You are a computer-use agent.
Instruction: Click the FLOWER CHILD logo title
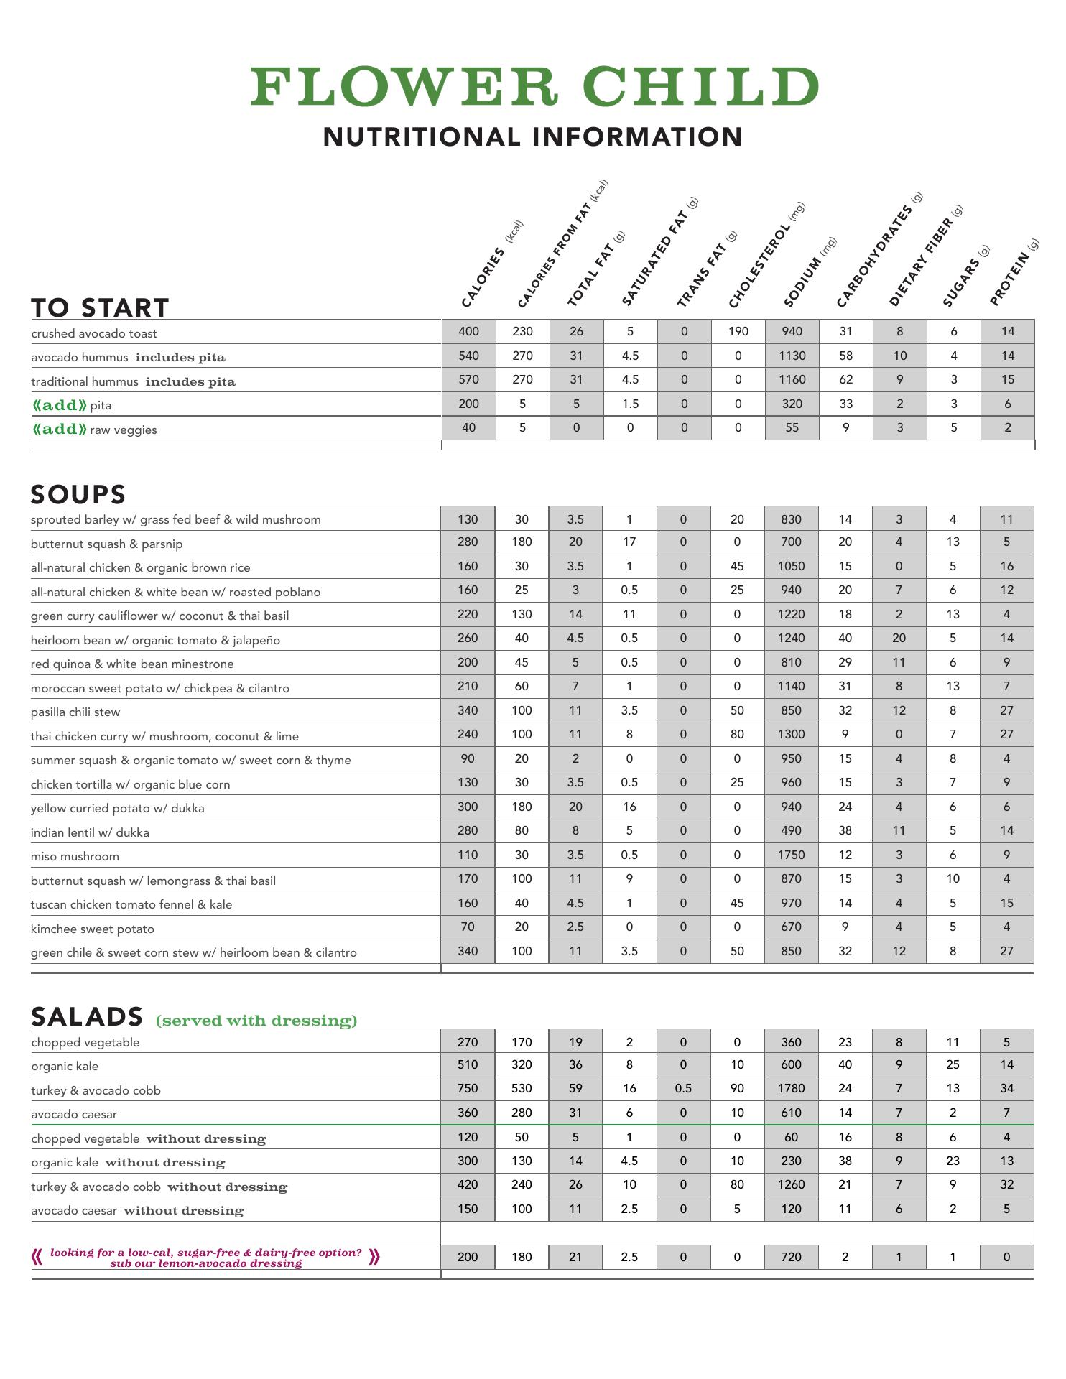[x=534, y=87]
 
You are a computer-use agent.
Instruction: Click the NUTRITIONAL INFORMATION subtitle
[x=533, y=136]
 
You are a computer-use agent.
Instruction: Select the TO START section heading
[x=100, y=307]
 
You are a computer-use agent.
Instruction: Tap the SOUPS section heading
[x=78, y=494]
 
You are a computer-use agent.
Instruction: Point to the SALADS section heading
[x=87, y=1016]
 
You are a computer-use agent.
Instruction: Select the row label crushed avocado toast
[x=94, y=333]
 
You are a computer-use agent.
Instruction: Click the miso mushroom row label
[x=75, y=856]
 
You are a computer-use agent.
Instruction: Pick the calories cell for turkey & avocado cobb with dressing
[x=468, y=1088]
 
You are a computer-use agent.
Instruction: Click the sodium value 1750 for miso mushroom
[x=791, y=855]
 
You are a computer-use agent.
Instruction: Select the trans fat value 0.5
[x=683, y=1088]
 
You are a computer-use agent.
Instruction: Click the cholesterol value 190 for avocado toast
[x=738, y=331]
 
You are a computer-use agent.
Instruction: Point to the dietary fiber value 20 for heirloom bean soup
[x=899, y=638]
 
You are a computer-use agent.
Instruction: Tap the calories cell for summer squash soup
[x=468, y=758]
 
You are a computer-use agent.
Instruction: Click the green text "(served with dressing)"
[x=256, y=1021]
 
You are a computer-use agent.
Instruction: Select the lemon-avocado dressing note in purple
[x=205, y=1258]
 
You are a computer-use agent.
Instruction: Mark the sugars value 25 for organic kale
[x=953, y=1064]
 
